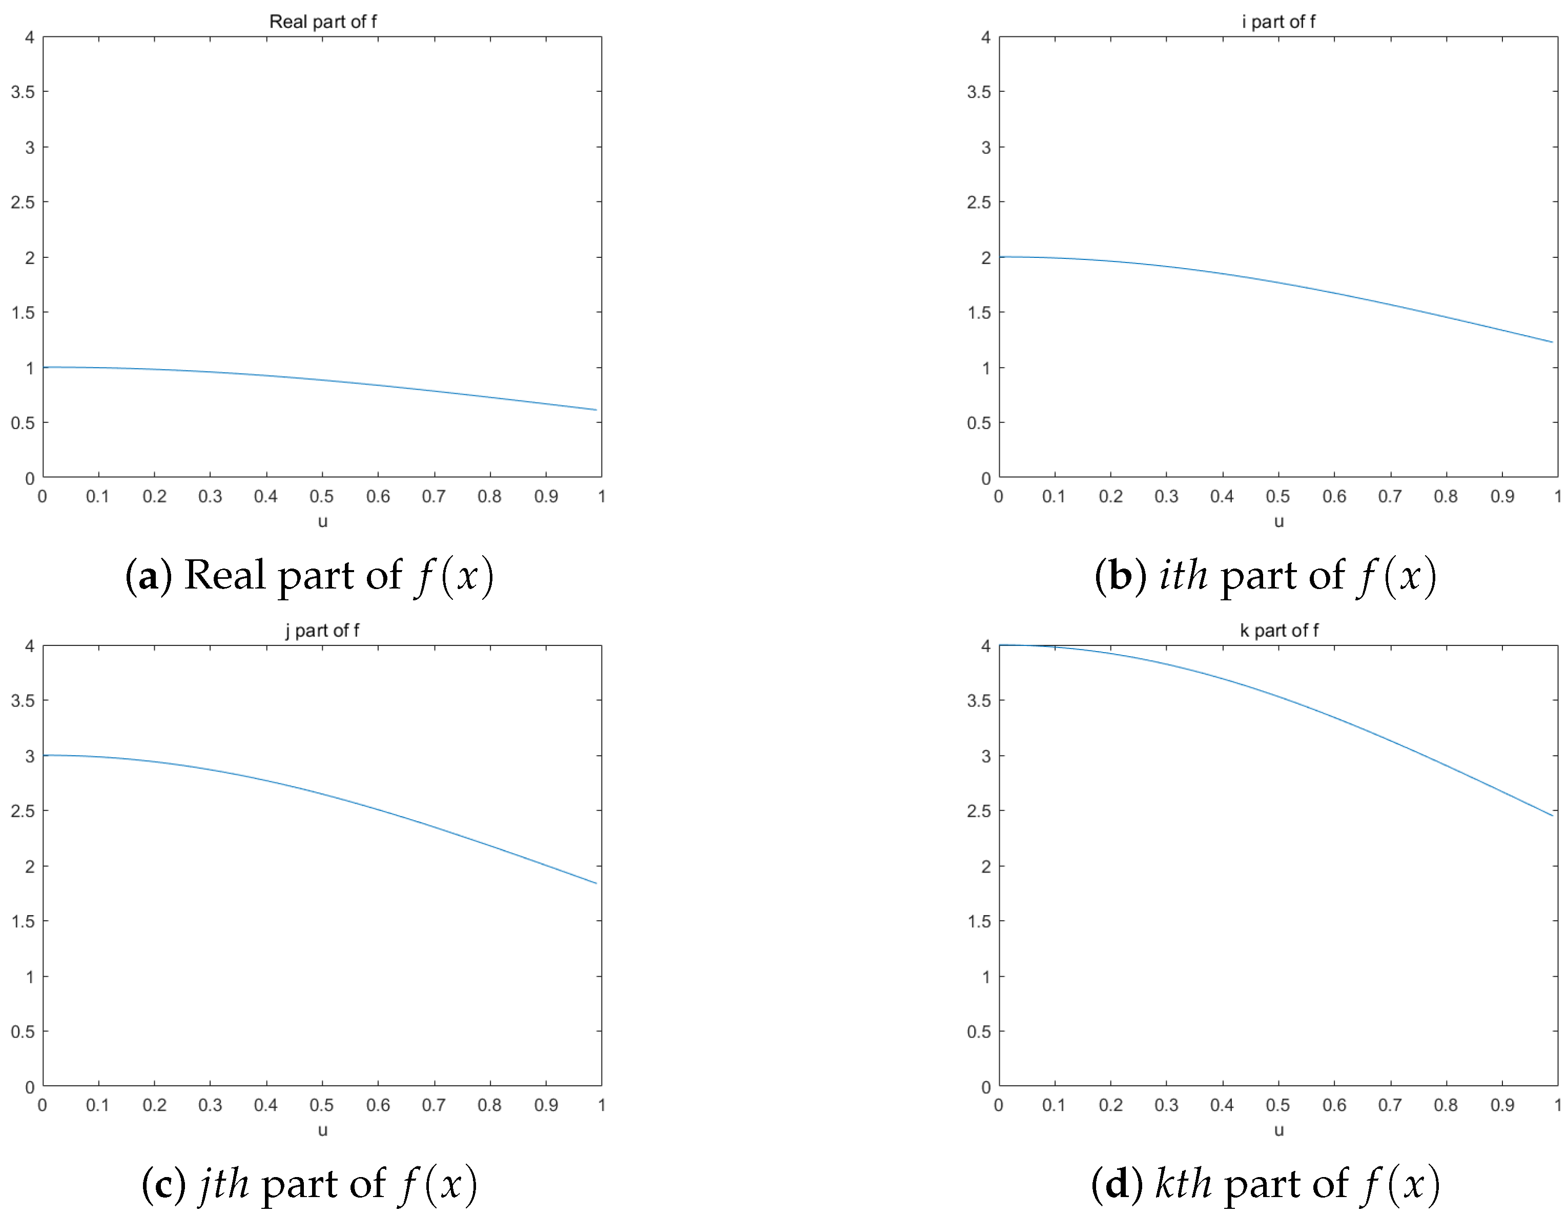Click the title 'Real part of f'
pyautogui.click(x=322, y=22)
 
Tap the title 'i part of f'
pyautogui.click(x=1278, y=22)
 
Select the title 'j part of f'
pyautogui.click(x=322, y=631)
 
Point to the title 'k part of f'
pyautogui.click(x=1278, y=631)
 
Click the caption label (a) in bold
pyautogui.click(x=149, y=576)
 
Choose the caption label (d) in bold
pyautogui.click(x=1117, y=1184)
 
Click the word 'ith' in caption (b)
pyautogui.click(x=1183, y=576)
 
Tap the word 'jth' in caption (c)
pyautogui.click(x=224, y=1184)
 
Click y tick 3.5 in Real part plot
pyautogui.click(x=22, y=92)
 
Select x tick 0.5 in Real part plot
pyautogui.click(x=322, y=496)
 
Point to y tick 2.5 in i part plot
pyautogui.click(x=979, y=202)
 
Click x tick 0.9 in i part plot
pyautogui.click(x=1502, y=496)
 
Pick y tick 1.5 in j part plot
pyautogui.click(x=22, y=921)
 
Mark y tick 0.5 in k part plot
pyautogui.click(x=979, y=1032)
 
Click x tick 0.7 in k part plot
pyautogui.click(x=1390, y=1105)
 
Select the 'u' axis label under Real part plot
pyautogui.click(x=322, y=521)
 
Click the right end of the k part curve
pyautogui.click(x=1552, y=815)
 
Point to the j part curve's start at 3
pyautogui.click(x=45, y=756)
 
